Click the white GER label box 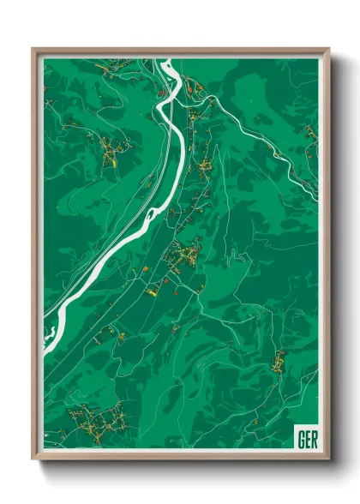click(305, 437)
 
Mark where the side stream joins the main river click(183, 83)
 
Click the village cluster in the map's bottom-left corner click(94, 422)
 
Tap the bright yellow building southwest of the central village click(151, 292)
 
